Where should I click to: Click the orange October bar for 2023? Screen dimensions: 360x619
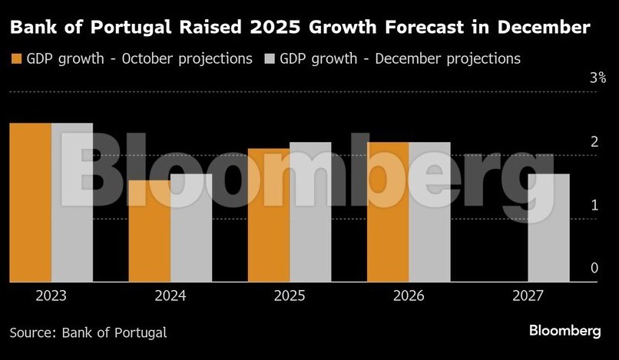coord(30,203)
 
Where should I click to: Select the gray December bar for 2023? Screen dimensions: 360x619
coord(72,203)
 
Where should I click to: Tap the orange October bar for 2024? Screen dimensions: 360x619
coord(149,231)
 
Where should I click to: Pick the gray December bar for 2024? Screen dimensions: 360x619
coord(191,228)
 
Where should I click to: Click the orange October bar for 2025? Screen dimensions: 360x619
coord(269,215)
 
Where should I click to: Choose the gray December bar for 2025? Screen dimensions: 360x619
coord(310,212)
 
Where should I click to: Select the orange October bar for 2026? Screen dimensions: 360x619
coord(388,212)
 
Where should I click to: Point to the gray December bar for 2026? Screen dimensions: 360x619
coord(429,212)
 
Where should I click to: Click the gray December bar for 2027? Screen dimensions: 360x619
coord(549,228)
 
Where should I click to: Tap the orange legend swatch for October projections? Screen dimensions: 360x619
coord(15,59)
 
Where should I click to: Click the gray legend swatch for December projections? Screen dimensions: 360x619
coord(269,59)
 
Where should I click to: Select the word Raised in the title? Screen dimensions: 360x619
coord(217,29)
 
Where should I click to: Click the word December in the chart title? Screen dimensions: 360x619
coord(541,29)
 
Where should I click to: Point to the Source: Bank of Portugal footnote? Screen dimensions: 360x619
coord(88,332)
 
